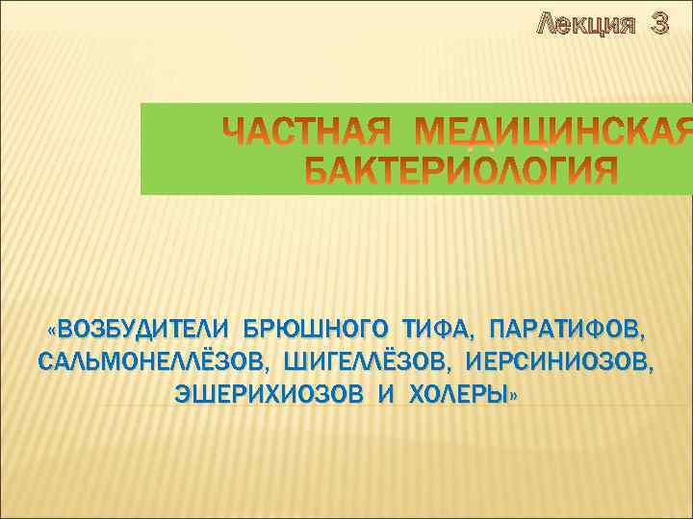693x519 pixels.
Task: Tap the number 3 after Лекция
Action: tap(659, 25)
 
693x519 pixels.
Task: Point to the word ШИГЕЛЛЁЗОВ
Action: tap(367, 363)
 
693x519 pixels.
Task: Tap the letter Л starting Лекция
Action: tap(546, 25)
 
